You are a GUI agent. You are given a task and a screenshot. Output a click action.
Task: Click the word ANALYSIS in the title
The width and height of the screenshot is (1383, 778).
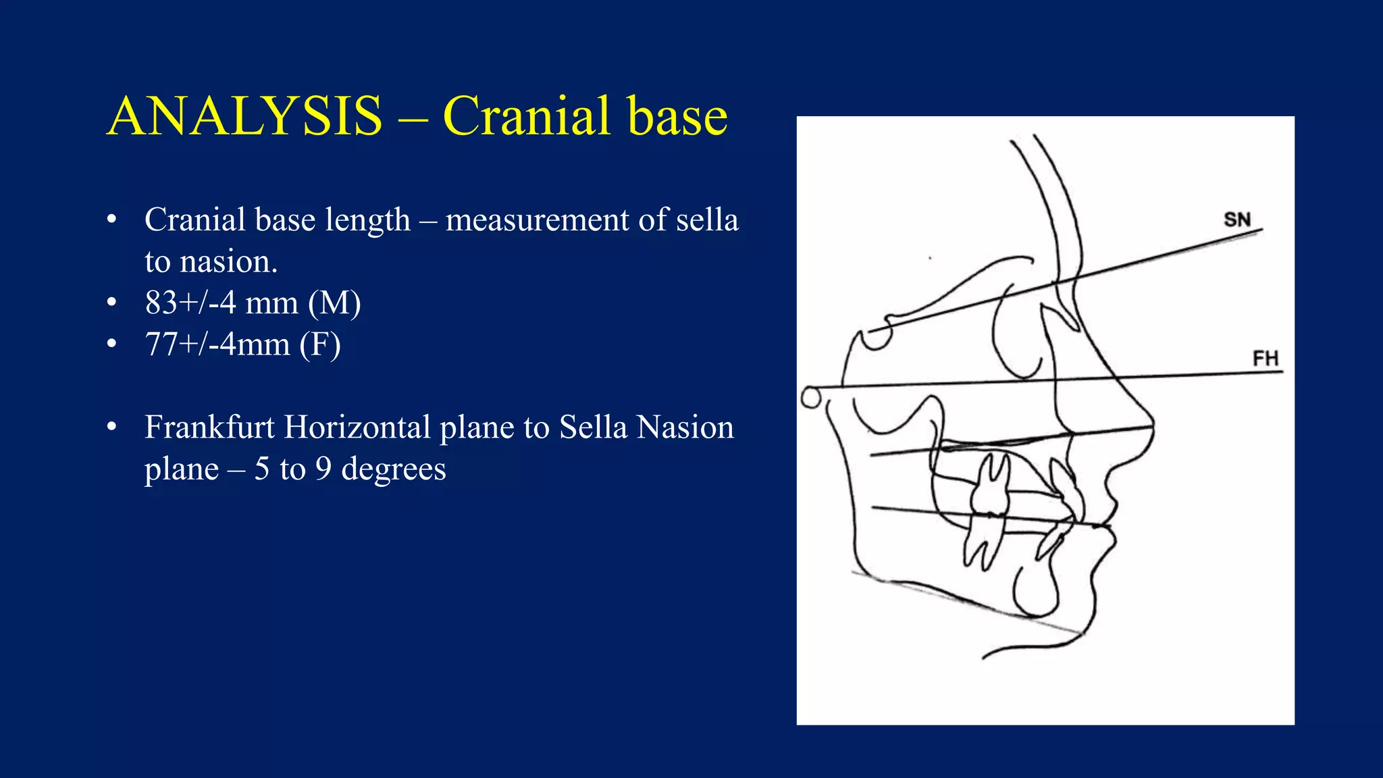tap(244, 116)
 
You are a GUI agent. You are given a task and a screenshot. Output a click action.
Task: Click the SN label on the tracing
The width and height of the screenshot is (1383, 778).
tap(1237, 219)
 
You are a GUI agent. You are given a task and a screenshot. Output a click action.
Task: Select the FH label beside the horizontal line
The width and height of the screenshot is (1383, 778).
tap(1265, 359)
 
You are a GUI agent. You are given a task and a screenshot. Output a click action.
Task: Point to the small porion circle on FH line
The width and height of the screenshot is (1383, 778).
tap(810, 397)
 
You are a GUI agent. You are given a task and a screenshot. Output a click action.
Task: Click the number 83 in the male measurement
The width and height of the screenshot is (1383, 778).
tap(161, 303)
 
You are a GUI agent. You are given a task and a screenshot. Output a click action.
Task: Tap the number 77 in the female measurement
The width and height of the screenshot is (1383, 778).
tap(161, 344)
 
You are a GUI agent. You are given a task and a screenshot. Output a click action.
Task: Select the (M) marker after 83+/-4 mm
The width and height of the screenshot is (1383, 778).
tap(334, 303)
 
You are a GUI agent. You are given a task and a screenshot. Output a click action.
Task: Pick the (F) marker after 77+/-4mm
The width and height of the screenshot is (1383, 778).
tap(320, 344)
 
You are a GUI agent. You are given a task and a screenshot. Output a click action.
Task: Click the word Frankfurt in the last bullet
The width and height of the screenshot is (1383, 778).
tap(210, 427)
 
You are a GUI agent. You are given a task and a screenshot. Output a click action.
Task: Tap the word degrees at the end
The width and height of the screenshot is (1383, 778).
tap(394, 469)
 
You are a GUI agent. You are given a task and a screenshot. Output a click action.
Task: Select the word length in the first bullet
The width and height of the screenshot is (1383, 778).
tap(367, 220)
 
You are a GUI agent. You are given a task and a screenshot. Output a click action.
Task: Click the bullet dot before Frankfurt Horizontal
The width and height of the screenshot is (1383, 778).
tap(112, 427)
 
